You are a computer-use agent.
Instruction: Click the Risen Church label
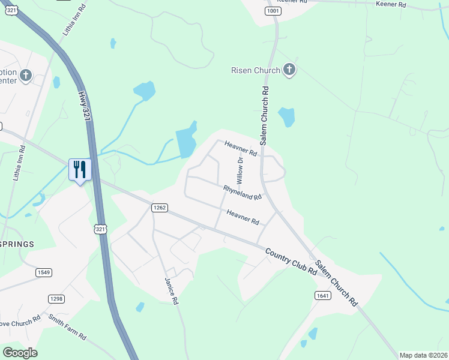pyautogui.click(x=256, y=70)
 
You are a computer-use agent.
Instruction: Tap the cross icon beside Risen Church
pyautogui.click(x=289, y=70)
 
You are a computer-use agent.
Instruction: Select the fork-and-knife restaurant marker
pyautogui.click(x=80, y=169)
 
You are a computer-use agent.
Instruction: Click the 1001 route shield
pyautogui.click(x=273, y=11)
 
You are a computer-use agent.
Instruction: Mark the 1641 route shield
pyautogui.click(x=322, y=295)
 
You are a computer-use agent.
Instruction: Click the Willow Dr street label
pyautogui.click(x=240, y=170)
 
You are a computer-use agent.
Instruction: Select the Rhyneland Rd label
pyautogui.click(x=243, y=193)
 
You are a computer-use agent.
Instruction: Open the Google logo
pyautogui.click(x=20, y=353)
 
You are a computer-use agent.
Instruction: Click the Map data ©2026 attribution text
pyautogui.click(x=423, y=355)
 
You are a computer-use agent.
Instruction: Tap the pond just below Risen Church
pyautogui.click(x=286, y=116)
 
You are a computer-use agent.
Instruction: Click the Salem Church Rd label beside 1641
pyautogui.click(x=336, y=284)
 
